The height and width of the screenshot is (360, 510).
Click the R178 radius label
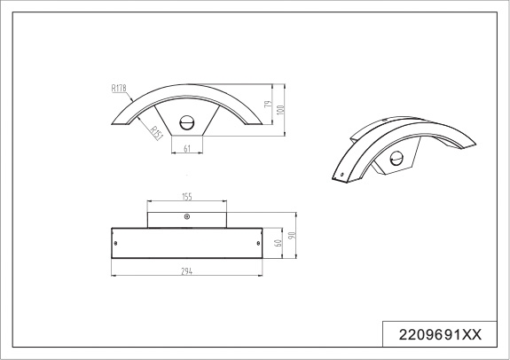coord(119,88)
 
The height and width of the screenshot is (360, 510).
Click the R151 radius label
coord(156,133)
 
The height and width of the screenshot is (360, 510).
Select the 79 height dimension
coord(268,104)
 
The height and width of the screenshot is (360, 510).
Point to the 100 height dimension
coord(281,109)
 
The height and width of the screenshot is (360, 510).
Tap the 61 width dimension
coord(187,149)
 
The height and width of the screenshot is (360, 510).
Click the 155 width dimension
coord(187,197)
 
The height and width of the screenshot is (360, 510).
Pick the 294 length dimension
coord(186,271)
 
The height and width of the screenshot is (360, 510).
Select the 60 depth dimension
coord(279,243)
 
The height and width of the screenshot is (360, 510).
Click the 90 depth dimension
coord(292,235)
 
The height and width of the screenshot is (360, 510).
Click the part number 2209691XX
coord(440,334)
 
